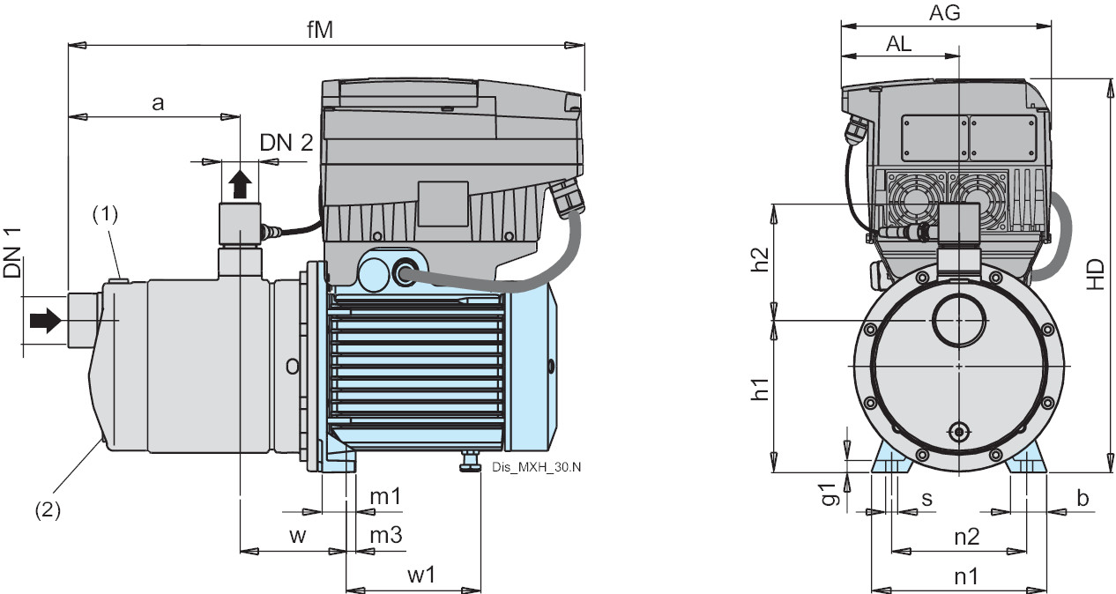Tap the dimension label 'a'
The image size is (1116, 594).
tap(158, 103)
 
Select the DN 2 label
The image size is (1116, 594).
tap(286, 144)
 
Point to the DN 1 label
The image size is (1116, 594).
tap(12, 253)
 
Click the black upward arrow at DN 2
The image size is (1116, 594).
tap(241, 185)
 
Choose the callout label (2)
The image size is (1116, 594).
tap(48, 509)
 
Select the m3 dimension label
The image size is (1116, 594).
tap(385, 535)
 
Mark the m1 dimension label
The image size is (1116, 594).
tap(385, 496)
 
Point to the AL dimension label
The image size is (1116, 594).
tap(900, 44)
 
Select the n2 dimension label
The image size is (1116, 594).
tap(966, 537)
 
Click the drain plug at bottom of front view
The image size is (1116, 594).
tap(957, 431)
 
